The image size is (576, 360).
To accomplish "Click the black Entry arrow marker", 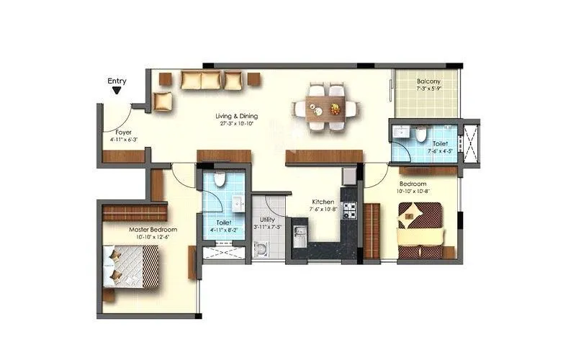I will (117, 91).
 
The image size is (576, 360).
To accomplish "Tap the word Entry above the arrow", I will (117, 81).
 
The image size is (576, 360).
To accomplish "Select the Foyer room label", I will (123, 132).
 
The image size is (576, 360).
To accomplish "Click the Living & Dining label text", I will (237, 116).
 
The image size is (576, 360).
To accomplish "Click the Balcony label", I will (428, 81).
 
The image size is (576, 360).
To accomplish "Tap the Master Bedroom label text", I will (153, 230).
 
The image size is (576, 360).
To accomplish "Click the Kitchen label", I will (322, 202).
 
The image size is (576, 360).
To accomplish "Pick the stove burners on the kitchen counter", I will (349, 211).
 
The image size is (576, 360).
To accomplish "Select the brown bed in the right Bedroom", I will (421, 229).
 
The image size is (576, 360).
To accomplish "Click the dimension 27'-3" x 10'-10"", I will (237, 124).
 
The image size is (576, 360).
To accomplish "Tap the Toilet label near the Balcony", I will (431, 143).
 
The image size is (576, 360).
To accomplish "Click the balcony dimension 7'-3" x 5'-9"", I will (428, 89).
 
